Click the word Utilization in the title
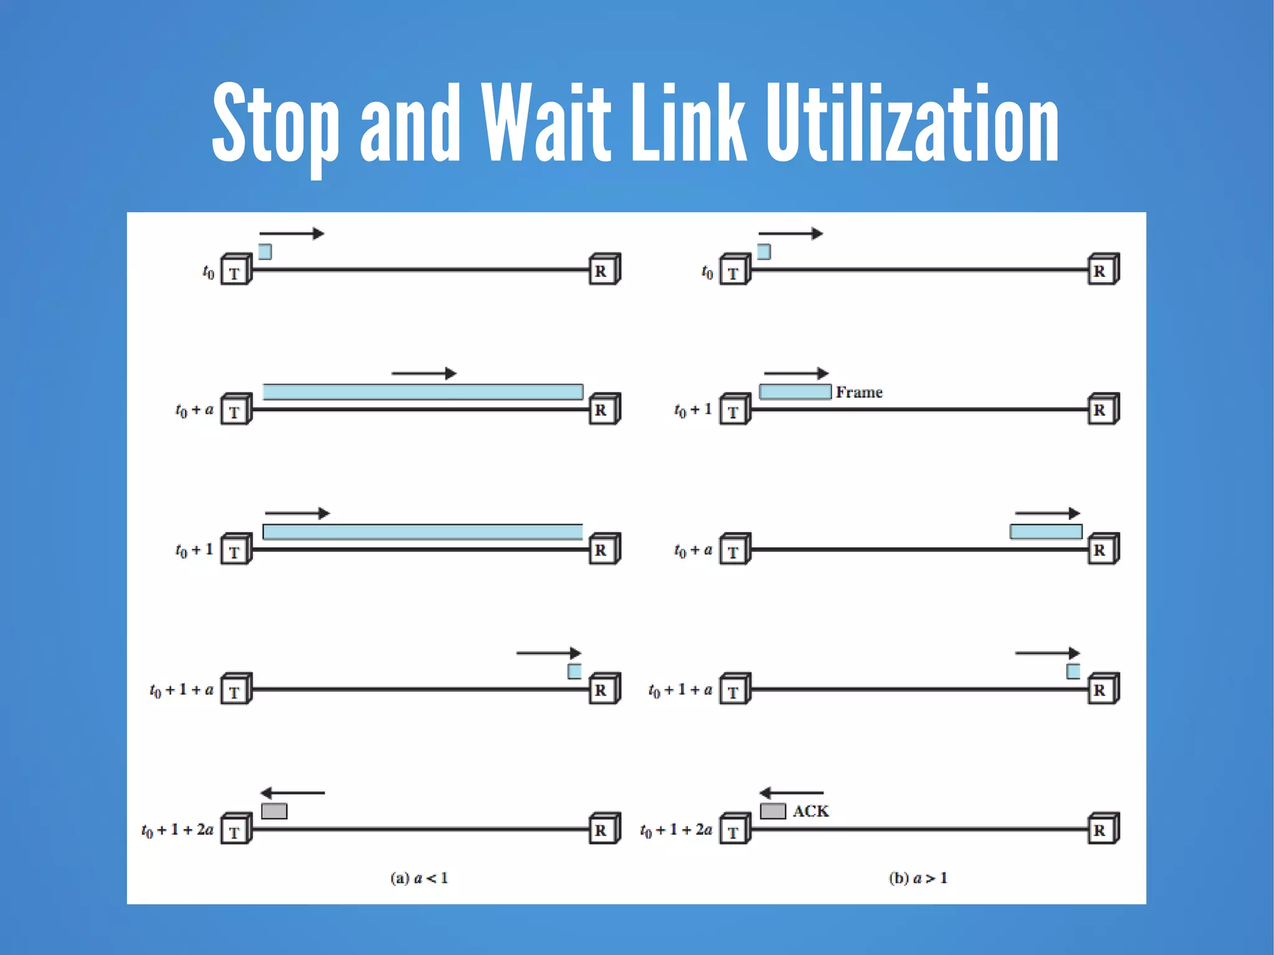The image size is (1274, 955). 912,124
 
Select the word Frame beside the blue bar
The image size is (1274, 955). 859,393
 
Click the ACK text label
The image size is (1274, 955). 811,811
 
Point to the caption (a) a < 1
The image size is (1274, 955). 419,878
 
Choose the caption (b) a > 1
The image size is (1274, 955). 918,878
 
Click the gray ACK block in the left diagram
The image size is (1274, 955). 274,811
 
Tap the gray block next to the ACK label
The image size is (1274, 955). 773,811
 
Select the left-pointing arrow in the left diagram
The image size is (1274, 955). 292,793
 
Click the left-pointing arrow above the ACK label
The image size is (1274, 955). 791,793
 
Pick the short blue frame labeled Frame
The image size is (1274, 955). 795,392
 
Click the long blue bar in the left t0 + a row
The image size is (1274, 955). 423,392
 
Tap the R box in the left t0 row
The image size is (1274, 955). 603,270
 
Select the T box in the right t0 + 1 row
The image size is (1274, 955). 734,411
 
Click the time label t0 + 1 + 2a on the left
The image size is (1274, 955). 177,830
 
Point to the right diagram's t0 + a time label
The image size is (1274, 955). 693,551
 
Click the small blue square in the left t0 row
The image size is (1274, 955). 265,252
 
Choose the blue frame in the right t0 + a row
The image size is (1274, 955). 1046,531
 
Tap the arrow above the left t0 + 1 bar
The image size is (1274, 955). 297,513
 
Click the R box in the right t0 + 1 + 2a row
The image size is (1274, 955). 1102,829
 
